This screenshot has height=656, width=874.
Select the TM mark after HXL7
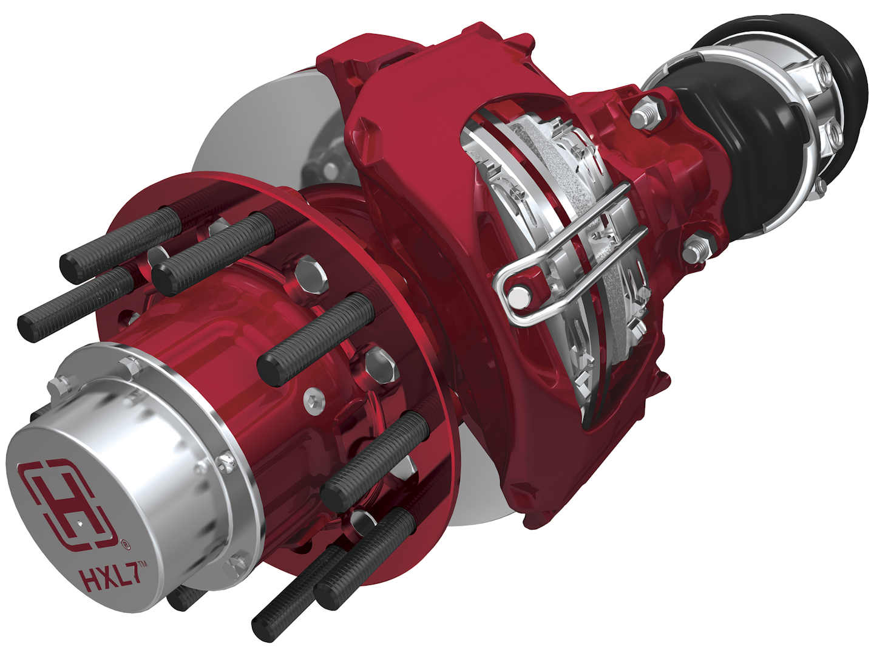coord(141,565)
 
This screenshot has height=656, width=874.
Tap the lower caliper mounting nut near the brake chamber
coord(696,249)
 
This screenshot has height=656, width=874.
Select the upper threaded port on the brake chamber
coord(824,73)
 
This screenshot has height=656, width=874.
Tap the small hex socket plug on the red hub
coord(313,400)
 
